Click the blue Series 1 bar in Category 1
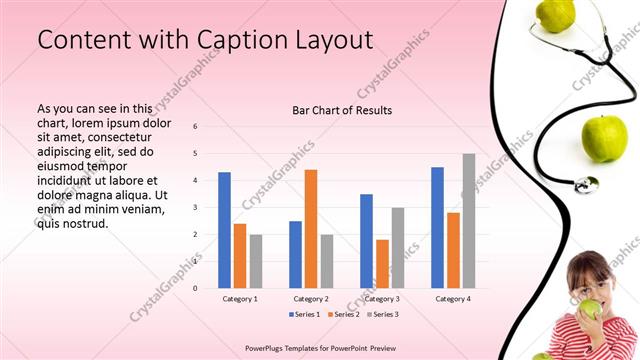pos(224,230)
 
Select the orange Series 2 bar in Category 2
pos(311,229)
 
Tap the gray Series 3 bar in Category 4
pos(469,221)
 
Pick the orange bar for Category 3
pos(382,264)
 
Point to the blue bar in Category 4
pos(437,228)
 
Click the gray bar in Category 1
pos(256,261)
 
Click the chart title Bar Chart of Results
pos(342,110)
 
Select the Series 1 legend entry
pos(306,315)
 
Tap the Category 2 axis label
pos(311,299)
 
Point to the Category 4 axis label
pos(453,299)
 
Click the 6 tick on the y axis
pos(196,126)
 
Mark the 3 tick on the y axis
pos(196,207)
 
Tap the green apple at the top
pos(555,13)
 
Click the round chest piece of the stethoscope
pos(585,184)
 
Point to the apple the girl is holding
pos(591,310)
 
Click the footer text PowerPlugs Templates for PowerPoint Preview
pos(319,348)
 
